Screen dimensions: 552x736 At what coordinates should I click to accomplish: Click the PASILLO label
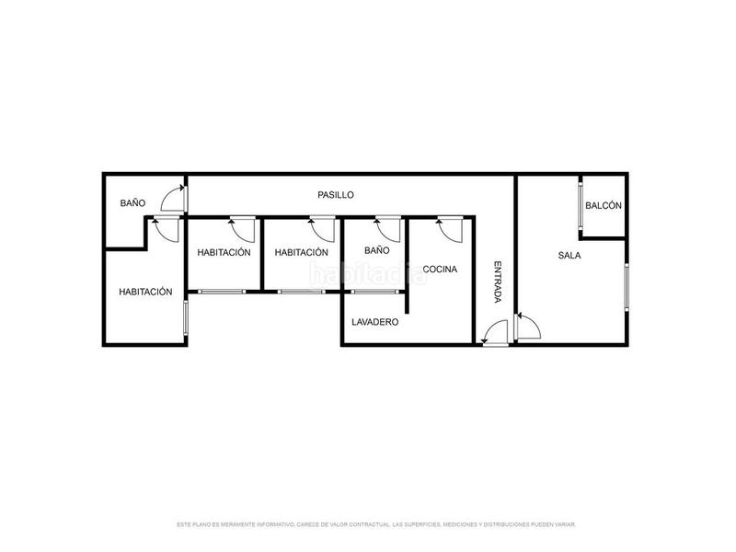[x=336, y=195]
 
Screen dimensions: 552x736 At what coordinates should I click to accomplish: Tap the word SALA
[x=569, y=256]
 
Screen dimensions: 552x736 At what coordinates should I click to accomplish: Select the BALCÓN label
[x=604, y=206]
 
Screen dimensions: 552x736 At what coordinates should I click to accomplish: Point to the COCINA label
[x=442, y=270]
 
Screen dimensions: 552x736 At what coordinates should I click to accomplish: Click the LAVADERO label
[x=374, y=322]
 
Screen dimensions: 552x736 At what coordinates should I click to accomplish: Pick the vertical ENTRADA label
[x=497, y=282]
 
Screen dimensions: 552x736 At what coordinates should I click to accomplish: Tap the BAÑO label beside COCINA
[x=377, y=250]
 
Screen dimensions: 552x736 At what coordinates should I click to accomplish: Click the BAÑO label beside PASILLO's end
[x=132, y=202]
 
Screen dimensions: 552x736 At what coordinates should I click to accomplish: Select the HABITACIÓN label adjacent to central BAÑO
[x=301, y=252]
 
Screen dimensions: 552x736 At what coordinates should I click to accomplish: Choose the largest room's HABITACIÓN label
[x=145, y=292]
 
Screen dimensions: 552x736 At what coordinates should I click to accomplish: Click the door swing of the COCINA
[x=450, y=228]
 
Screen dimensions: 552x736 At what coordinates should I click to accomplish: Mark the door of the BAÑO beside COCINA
[x=386, y=228]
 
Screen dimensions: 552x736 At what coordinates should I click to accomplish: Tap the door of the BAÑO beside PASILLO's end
[x=173, y=197]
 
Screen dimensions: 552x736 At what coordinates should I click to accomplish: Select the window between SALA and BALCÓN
[x=582, y=205]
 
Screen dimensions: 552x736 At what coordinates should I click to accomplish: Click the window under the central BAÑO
[x=374, y=292]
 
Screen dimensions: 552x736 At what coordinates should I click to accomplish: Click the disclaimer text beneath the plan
[x=375, y=524]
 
